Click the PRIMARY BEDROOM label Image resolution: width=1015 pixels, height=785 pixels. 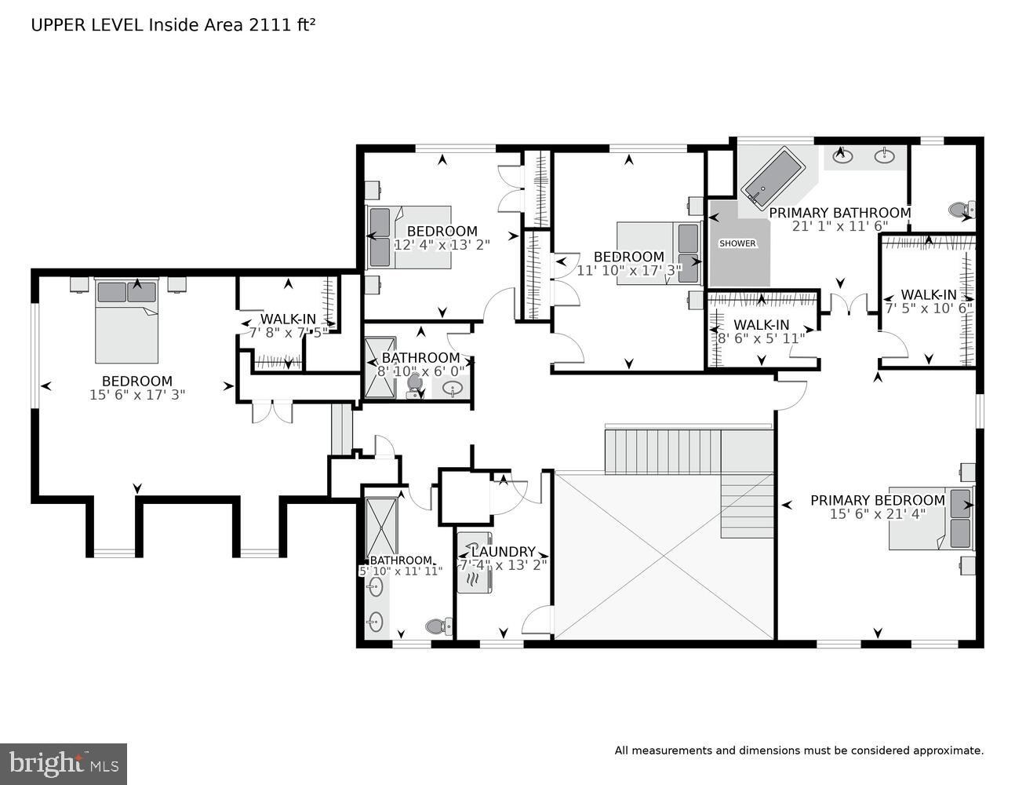point(877,500)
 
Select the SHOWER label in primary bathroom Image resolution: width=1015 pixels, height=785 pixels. point(737,243)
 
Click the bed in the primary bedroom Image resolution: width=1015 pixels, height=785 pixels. point(932,519)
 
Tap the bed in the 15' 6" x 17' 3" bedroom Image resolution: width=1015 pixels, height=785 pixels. point(126,319)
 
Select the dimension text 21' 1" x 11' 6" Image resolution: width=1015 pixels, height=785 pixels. point(839,226)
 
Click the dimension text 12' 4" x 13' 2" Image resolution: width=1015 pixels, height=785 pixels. point(442,244)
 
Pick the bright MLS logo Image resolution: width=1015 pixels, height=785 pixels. point(64,763)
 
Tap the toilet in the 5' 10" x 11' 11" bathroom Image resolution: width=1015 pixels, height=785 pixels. point(437,626)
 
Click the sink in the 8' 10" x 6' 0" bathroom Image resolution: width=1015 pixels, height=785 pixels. point(453,388)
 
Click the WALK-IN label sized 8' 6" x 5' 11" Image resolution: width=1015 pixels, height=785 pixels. point(761,325)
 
